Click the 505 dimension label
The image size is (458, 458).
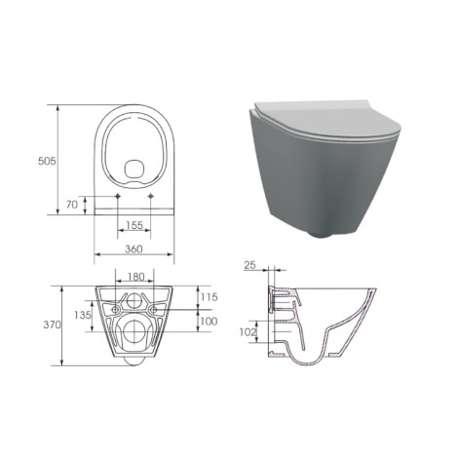click(x=47, y=161)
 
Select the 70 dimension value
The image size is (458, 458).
click(x=72, y=205)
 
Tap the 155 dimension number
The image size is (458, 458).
click(x=134, y=225)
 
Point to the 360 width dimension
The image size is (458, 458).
click(x=134, y=248)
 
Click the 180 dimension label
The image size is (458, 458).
click(x=135, y=277)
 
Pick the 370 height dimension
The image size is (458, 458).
click(x=52, y=324)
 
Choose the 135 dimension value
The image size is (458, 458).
click(x=83, y=315)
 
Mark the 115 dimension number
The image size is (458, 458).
click(x=209, y=297)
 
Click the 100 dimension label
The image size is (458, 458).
click(x=209, y=322)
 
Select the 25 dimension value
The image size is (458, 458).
click(x=249, y=265)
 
